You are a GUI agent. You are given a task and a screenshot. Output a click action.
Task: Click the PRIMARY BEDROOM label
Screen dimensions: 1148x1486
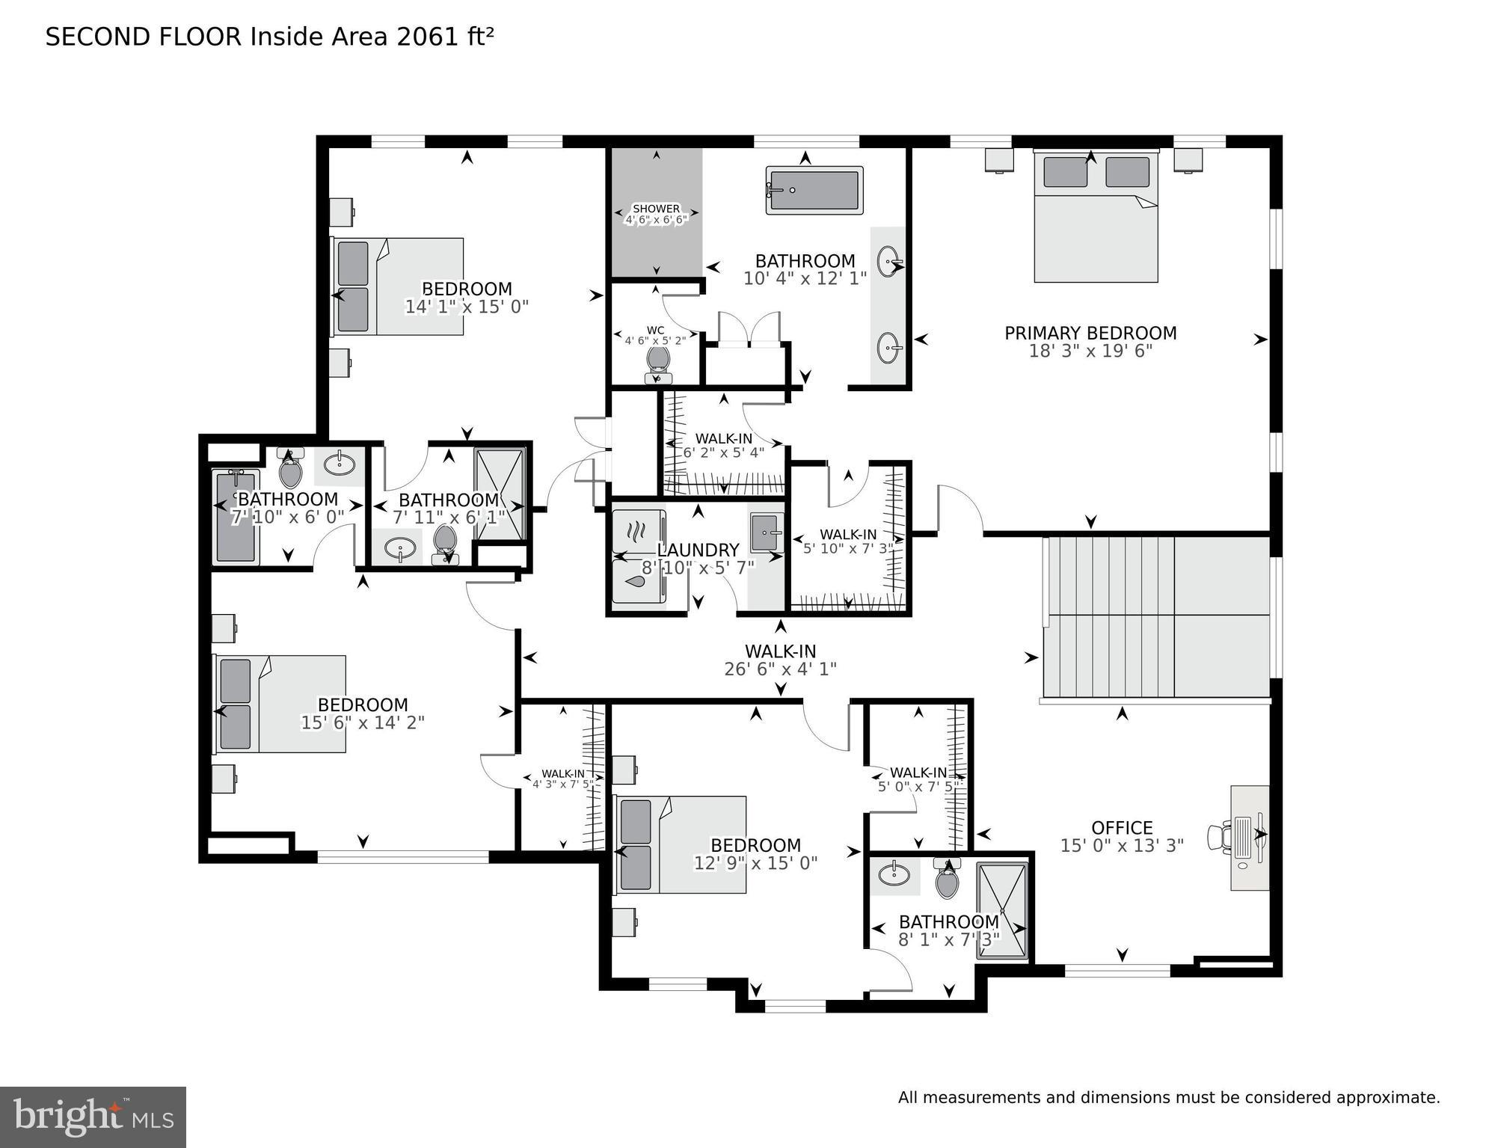(x=1090, y=333)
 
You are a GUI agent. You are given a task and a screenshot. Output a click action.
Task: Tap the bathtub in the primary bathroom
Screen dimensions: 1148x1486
(x=814, y=190)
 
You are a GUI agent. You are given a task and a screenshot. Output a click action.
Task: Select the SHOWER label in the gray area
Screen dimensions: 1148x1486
(x=656, y=209)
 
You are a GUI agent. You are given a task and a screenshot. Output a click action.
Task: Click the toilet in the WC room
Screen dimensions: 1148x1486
(x=658, y=361)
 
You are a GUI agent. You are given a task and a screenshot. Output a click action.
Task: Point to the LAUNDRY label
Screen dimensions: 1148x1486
(x=697, y=550)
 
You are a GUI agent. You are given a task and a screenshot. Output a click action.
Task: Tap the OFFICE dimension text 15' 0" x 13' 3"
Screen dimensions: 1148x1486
(x=1121, y=846)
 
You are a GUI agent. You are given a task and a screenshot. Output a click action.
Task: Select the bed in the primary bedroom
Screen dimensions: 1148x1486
(x=1096, y=217)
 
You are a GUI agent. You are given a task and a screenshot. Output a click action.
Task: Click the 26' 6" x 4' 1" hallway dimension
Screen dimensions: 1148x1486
(x=779, y=669)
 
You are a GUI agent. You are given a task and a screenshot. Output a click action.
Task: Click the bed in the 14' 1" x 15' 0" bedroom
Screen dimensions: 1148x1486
(x=398, y=286)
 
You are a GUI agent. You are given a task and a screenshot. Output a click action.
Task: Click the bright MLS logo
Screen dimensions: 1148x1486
(x=93, y=1117)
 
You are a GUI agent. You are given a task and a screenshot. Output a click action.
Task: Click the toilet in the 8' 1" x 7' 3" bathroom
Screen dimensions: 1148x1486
(x=947, y=880)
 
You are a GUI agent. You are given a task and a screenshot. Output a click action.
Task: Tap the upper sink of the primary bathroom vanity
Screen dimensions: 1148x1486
(x=890, y=261)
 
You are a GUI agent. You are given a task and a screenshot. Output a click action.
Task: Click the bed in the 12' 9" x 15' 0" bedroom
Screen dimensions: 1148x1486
(x=681, y=844)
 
